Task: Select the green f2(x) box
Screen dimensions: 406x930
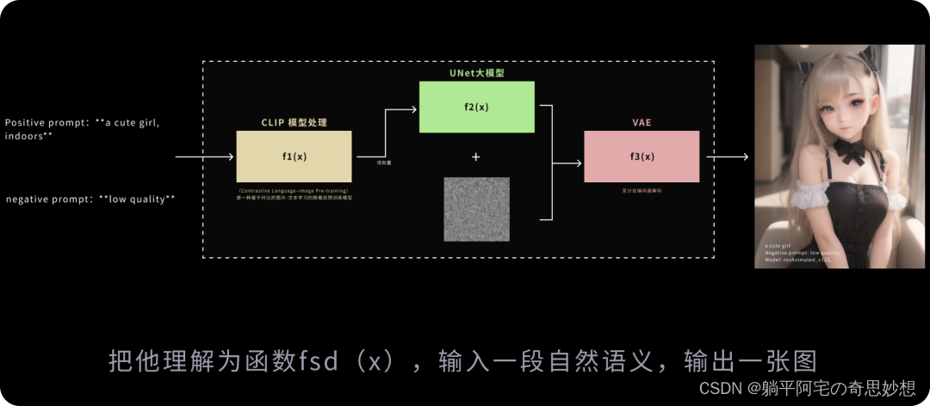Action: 476,107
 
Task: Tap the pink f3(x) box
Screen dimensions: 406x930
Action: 641,157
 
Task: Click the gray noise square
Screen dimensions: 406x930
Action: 476,209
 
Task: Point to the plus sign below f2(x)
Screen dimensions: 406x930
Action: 476,157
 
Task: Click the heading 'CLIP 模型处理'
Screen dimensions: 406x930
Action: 294,123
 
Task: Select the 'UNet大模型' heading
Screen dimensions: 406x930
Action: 476,74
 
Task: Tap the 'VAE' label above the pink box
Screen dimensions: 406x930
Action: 642,123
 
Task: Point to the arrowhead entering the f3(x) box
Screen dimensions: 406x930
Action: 579,162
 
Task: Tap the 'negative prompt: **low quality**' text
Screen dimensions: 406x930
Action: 90,200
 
